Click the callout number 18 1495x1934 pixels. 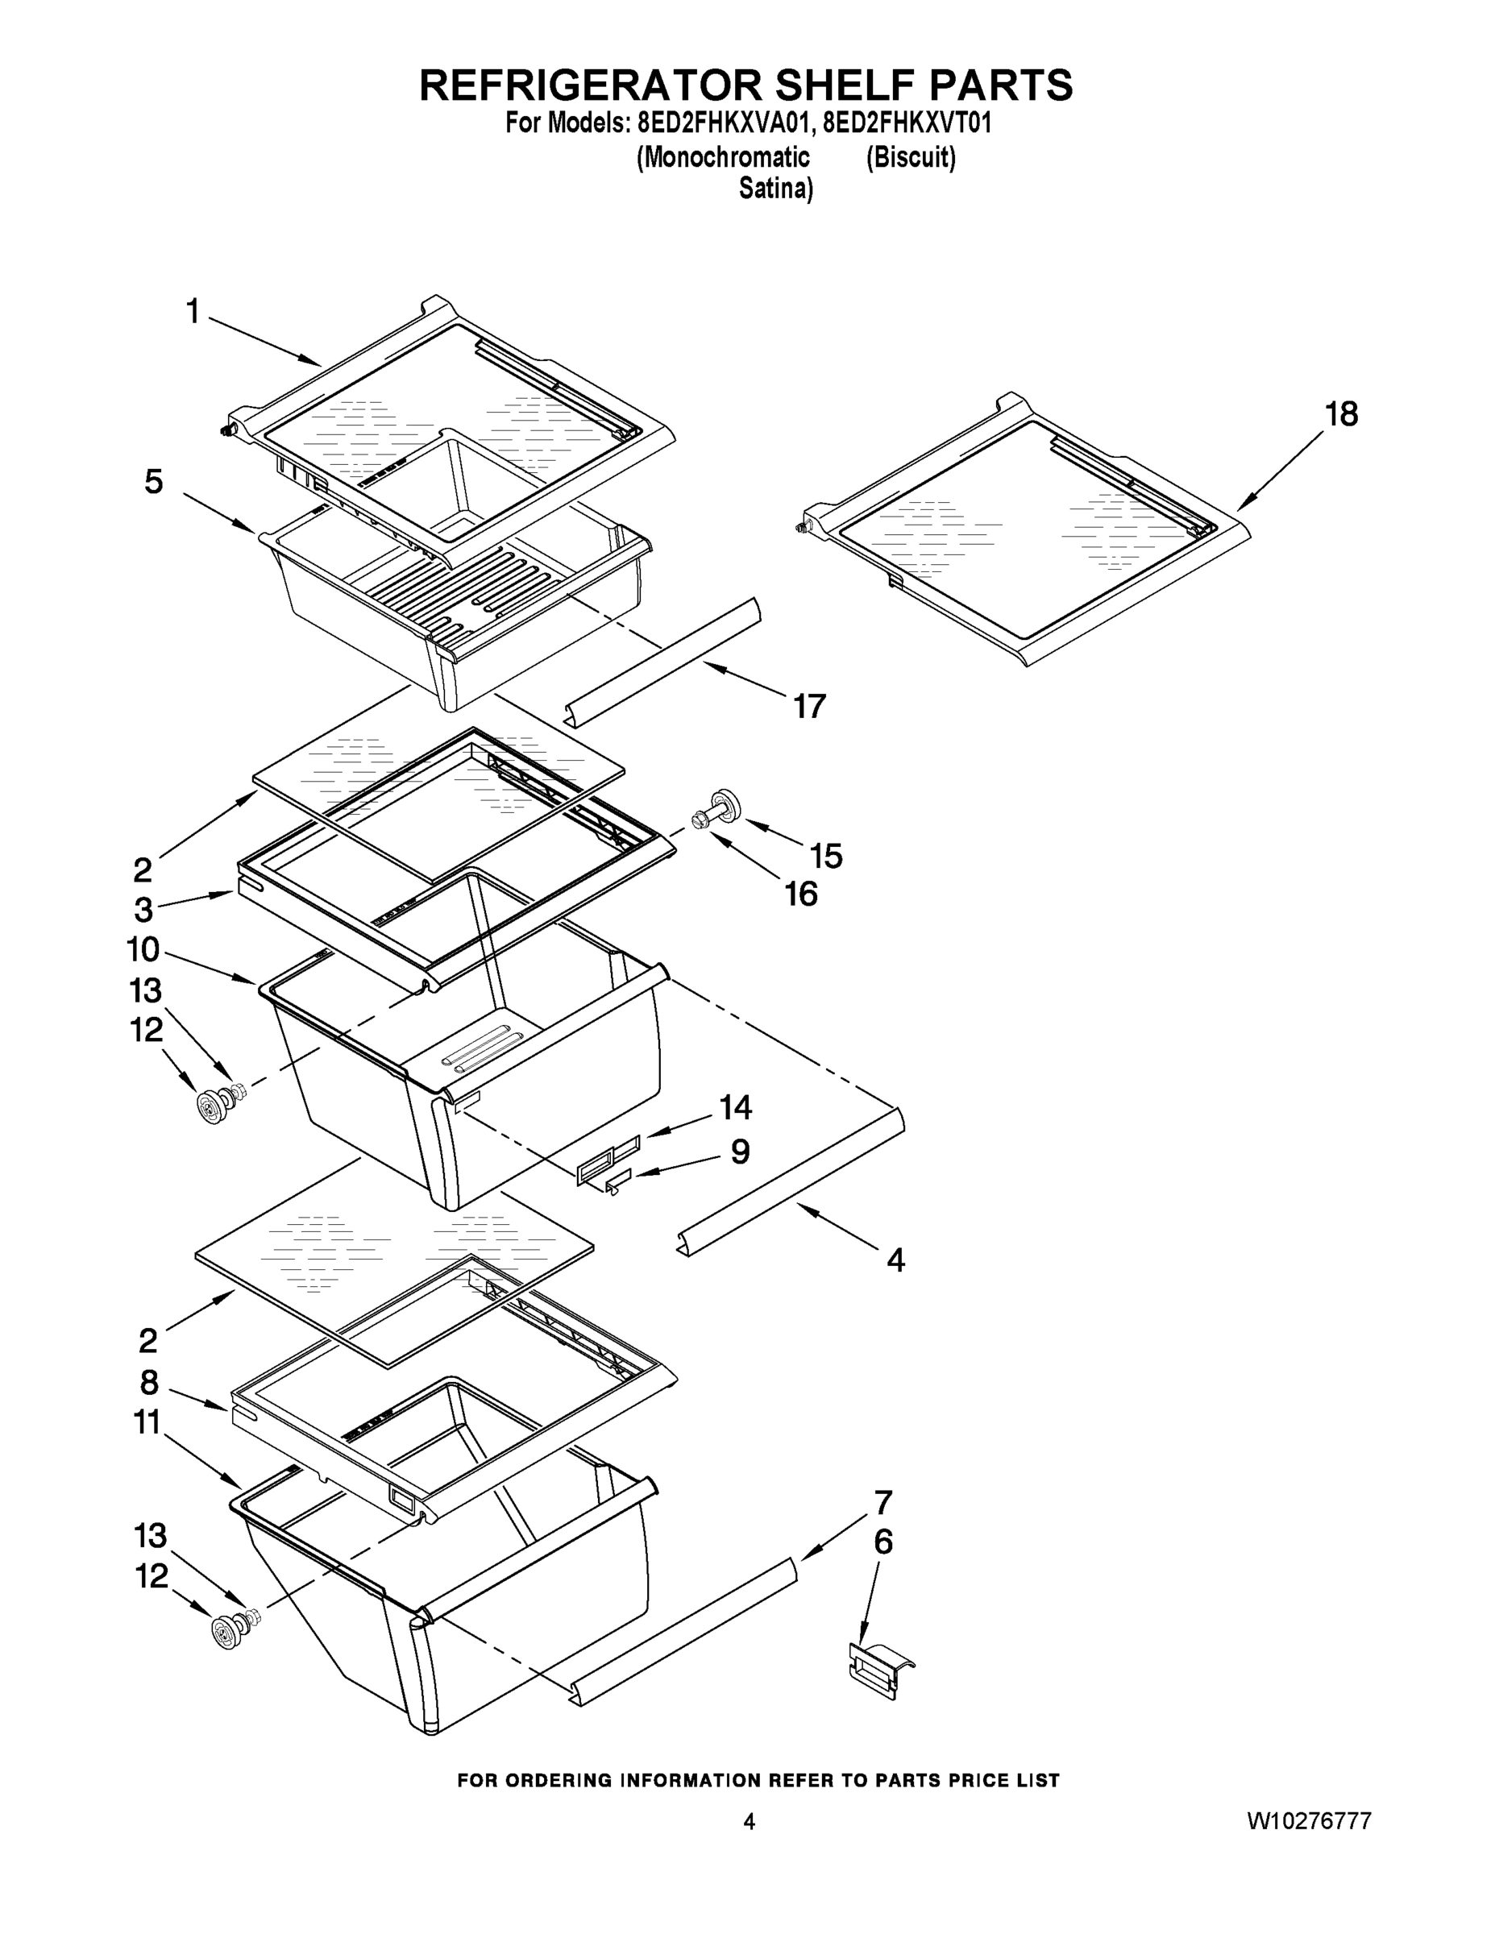pyautogui.click(x=1341, y=414)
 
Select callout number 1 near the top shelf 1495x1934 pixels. pyautogui.click(x=192, y=312)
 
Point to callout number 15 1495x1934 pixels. pyautogui.click(x=825, y=856)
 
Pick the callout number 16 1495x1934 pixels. pyautogui.click(x=800, y=894)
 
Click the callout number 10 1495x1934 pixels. pyautogui.click(x=143, y=950)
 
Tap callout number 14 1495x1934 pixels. pyautogui.click(x=735, y=1107)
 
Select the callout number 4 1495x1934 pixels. pyautogui.click(x=895, y=1260)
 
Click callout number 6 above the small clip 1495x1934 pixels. pyautogui.click(x=883, y=1542)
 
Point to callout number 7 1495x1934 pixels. pyautogui.click(x=883, y=1502)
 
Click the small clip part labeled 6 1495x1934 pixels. pyautogui.click(x=879, y=1667)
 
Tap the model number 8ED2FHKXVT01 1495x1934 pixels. pyautogui.click(x=906, y=123)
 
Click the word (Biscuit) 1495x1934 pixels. pyautogui.click(x=911, y=158)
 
